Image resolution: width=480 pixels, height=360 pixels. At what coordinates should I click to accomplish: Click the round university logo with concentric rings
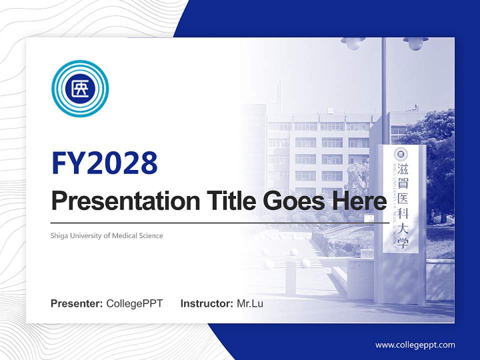pos(80,88)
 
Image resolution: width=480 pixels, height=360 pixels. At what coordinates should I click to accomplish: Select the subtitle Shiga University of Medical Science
pos(106,235)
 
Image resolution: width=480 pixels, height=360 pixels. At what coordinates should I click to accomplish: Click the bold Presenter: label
pos(77,303)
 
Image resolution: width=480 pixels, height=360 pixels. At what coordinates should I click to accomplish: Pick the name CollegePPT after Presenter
pos(134,303)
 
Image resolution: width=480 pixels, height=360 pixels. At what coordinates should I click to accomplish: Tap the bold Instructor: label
pos(206,303)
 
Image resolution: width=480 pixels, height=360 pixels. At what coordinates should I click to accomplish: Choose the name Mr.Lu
pos(249,303)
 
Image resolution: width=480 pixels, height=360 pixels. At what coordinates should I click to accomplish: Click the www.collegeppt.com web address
pos(415,344)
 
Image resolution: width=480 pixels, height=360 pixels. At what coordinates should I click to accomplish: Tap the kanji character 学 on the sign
pos(402,243)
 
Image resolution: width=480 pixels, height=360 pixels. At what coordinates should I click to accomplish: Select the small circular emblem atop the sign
pos(401,154)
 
